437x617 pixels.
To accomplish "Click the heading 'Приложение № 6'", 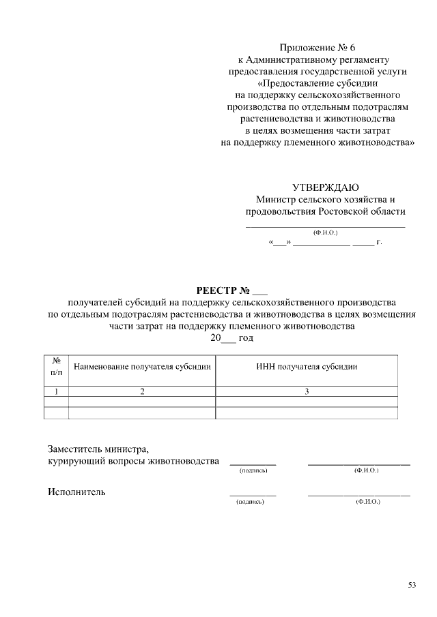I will point(318,48).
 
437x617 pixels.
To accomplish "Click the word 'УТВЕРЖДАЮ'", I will point(325,187).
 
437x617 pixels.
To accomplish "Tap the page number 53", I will point(412,584).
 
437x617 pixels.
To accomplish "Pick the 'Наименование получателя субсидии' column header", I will point(142,367).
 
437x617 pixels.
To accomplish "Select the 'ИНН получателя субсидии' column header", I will point(307,367).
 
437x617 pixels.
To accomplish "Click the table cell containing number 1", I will point(56,391).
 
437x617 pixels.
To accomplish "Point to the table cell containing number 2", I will point(142,391).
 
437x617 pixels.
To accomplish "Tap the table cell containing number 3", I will point(307,391).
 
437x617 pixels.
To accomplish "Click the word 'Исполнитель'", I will point(76,492).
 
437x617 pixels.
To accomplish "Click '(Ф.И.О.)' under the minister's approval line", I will point(325,232).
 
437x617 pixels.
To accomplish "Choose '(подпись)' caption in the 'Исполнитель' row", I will point(249,502).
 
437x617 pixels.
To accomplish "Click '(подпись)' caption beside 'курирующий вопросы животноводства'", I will point(252,471).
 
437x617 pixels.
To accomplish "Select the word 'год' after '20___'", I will point(246,337).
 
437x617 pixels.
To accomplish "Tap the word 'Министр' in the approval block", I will point(277,199).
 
